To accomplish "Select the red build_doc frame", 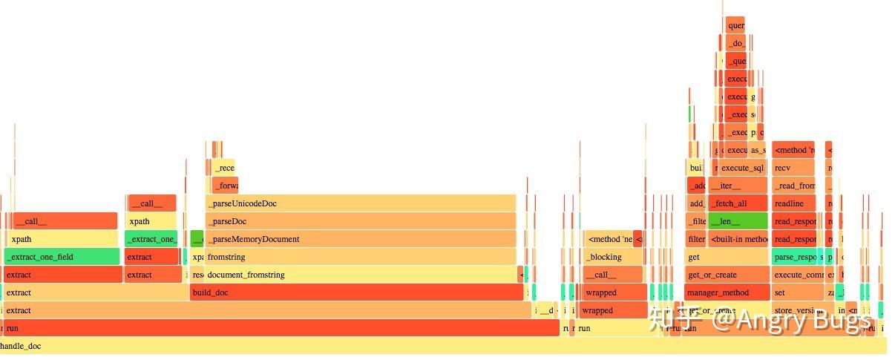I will coord(356,292).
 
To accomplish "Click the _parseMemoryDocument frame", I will coord(360,239).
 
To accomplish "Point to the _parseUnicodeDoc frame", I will coord(360,203).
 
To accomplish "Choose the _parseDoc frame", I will coord(360,221).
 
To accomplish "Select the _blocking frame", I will coord(613,257).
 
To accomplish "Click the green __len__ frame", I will coord(738,221).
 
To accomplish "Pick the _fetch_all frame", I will coord(738,203).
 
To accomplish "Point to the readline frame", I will coord(793,203).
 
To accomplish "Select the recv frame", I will coord(793,168).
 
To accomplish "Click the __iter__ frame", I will coord(738,186).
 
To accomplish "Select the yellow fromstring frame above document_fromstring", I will coord(360,257).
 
